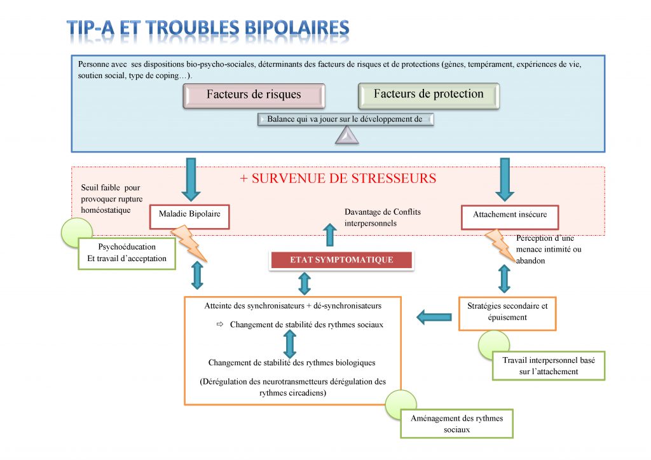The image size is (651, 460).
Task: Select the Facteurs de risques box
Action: coord(254,95)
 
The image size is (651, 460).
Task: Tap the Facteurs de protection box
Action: coord(428,95)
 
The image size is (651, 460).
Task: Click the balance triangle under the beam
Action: coord(347,135)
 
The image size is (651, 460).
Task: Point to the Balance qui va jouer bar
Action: coord(345,119)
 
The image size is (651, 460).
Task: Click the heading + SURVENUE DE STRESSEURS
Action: coord(338,179)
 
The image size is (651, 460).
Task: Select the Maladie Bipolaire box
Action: coord(189,215)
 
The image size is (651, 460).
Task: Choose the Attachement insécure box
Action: coord(509,215)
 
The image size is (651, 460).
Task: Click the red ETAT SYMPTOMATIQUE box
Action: coord(341,260)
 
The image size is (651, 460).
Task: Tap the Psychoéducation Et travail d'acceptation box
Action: coord(127,252)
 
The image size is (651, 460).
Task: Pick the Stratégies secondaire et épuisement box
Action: coord(507,312)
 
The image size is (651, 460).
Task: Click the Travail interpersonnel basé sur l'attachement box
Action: coord(549,365)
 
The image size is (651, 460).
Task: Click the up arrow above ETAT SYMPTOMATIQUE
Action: coord(330,234)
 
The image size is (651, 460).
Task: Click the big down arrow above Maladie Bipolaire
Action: coord(190,179)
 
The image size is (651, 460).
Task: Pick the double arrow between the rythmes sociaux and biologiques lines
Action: coord(290,343)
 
